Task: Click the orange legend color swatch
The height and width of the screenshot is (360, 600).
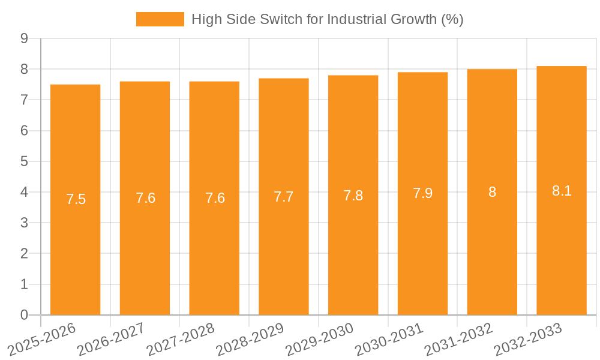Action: click(160, 19)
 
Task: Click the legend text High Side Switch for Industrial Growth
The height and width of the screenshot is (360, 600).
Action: click(327, 19)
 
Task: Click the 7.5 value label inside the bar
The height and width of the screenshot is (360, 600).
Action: click(76, 200)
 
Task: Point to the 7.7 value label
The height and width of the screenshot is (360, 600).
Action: click(284, 197)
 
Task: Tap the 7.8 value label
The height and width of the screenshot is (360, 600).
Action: click(353, 196)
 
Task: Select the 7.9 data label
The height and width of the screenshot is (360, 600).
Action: click(422, 193)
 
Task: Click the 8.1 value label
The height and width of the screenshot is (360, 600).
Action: click(562, 191)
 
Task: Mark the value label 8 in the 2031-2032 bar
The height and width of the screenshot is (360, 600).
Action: click(492, 193)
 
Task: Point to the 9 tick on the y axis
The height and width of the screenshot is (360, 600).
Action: click(24, 38)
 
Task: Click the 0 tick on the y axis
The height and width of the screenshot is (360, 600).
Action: click(24, 315)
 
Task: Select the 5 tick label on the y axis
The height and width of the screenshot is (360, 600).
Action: click(24, 161)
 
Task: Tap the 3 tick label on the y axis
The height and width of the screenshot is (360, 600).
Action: click(24, 223)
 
